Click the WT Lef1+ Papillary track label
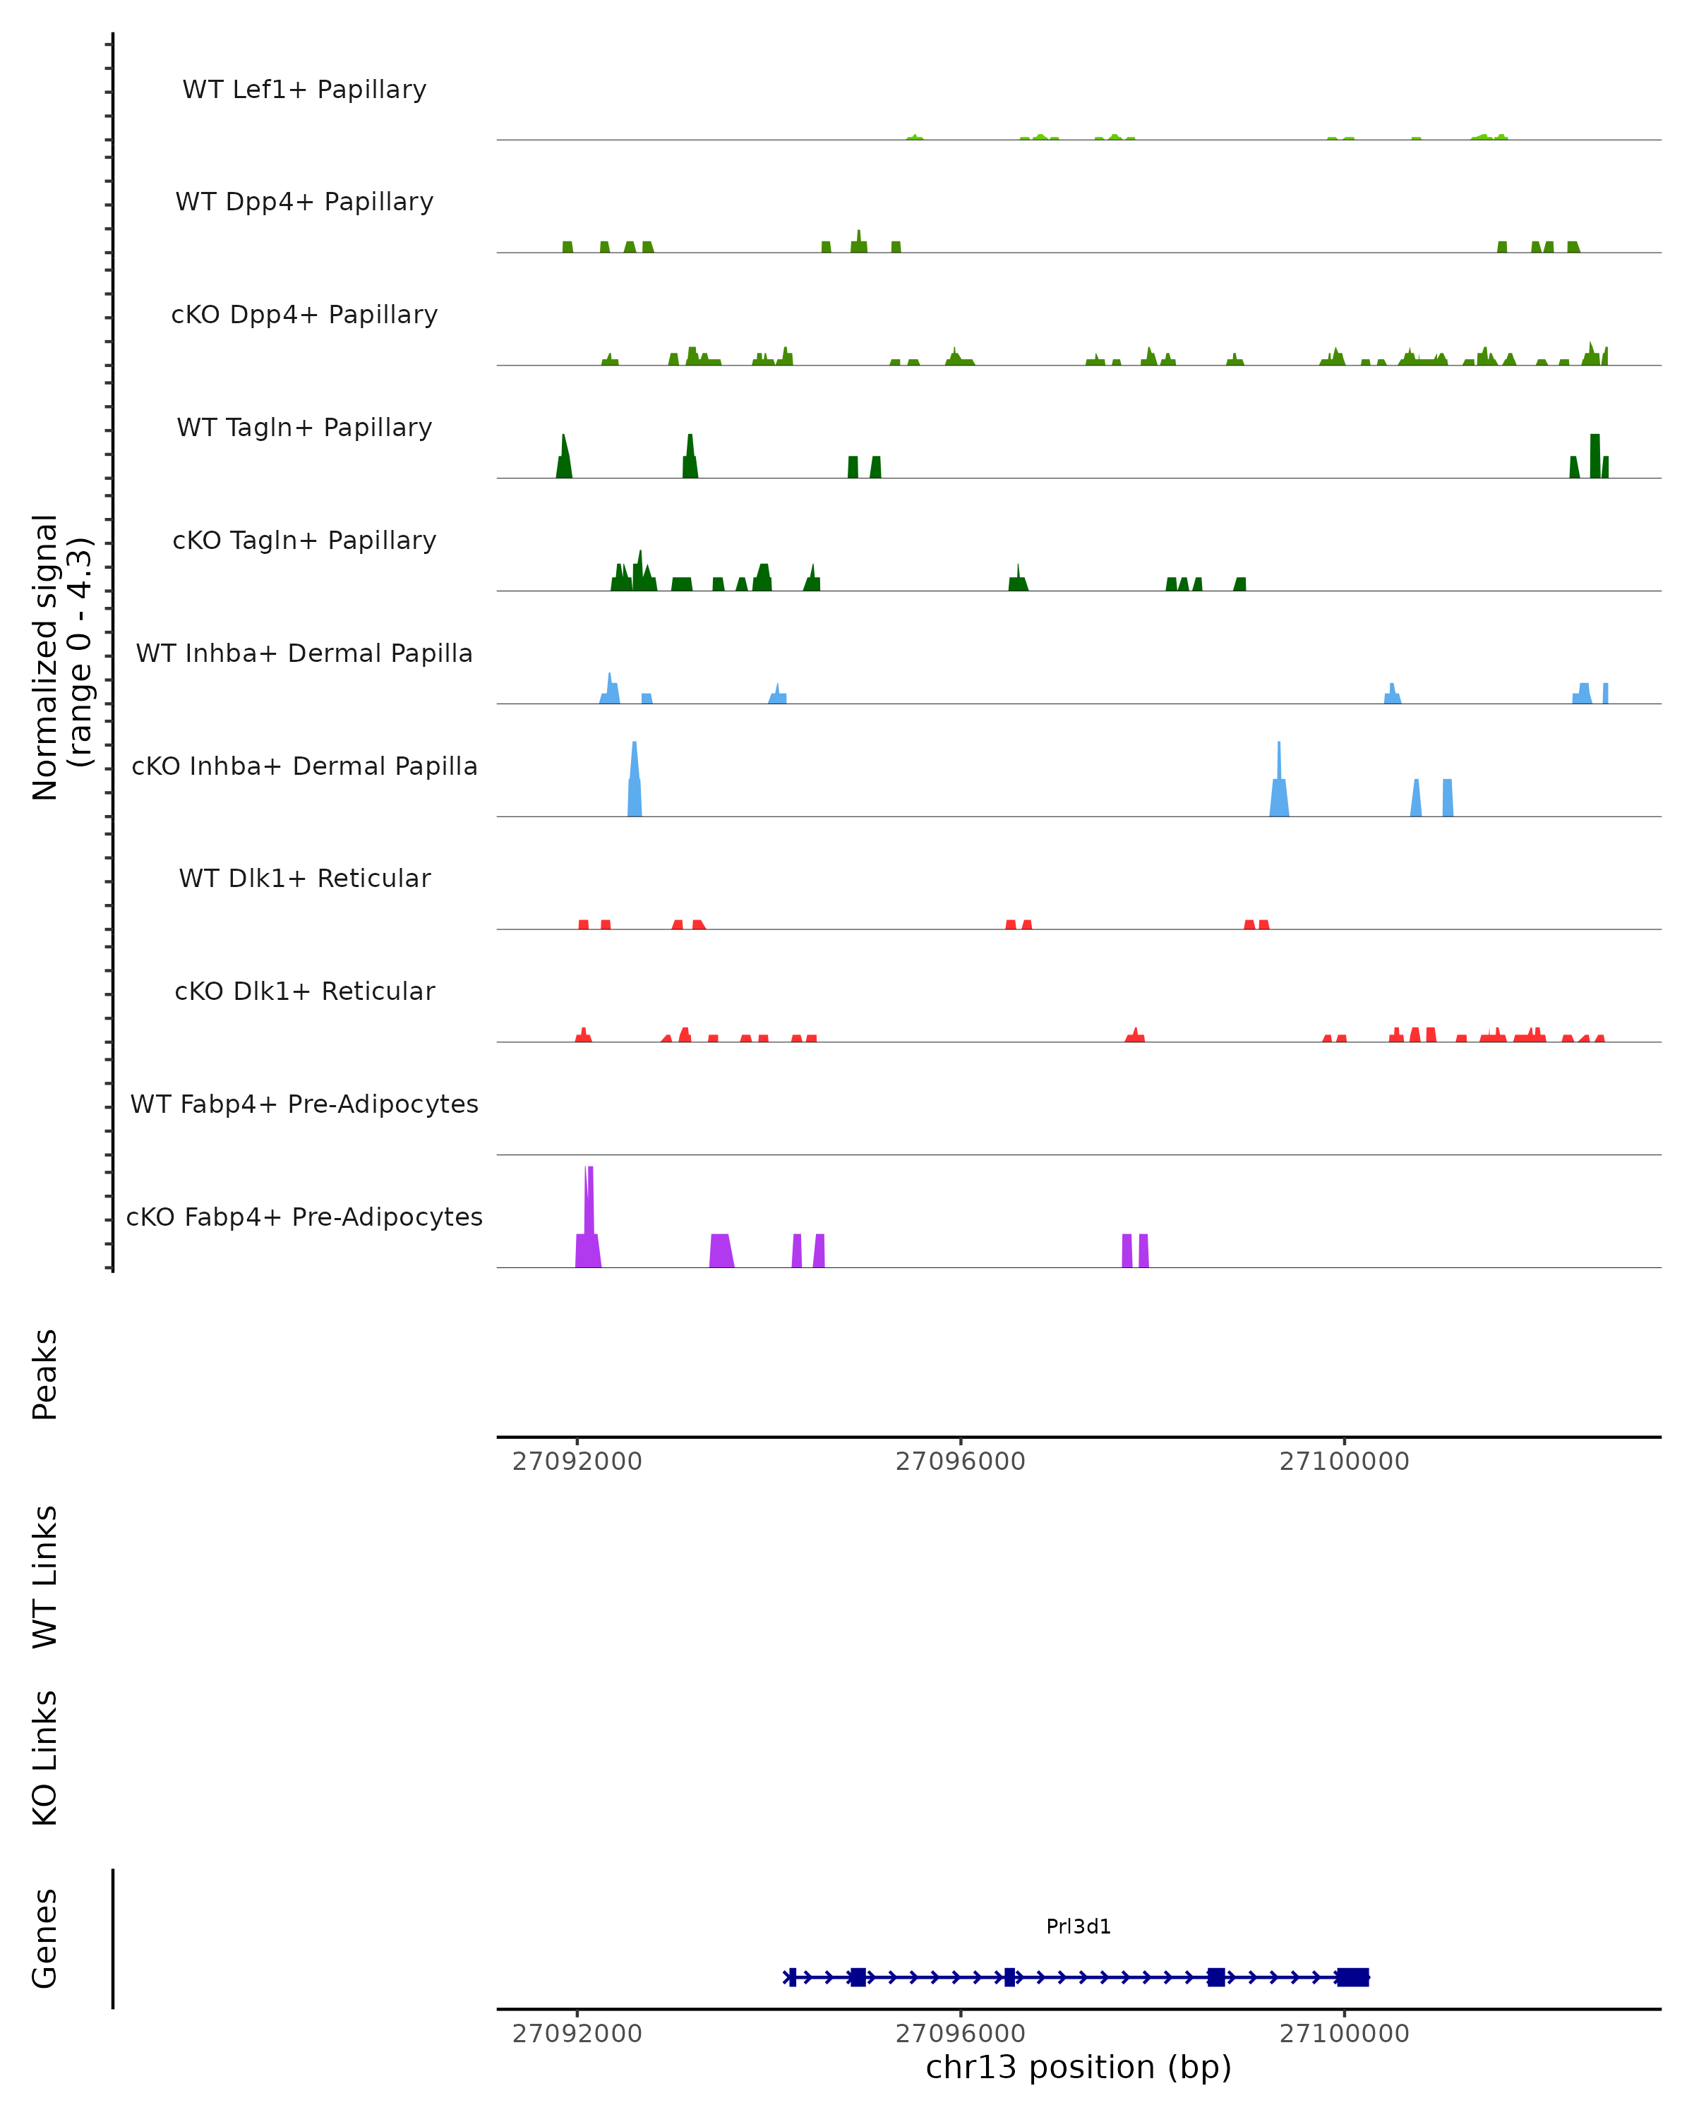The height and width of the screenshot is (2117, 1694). point(304,90)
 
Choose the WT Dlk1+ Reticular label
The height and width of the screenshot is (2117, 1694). point(304,878)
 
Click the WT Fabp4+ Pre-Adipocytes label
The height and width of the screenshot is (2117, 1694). point(304,1104)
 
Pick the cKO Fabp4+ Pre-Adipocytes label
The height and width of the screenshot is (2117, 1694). point(304,1217)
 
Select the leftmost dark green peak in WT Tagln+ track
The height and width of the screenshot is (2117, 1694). point(564,457)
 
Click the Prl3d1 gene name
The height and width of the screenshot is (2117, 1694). point(1079,1926)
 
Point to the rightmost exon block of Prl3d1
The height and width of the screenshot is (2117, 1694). point(1352,1977)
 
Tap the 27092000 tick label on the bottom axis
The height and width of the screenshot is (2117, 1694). point(577,2034)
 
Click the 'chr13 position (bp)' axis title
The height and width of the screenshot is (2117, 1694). point(1079,2068)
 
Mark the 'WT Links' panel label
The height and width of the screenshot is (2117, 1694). point(45,1577)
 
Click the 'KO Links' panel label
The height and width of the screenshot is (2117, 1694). point(45,1758)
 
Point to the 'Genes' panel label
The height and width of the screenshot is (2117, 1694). point(45,1938)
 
